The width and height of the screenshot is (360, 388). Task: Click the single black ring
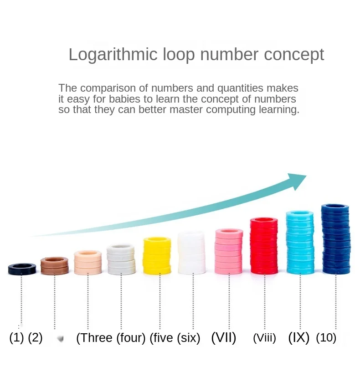coord(22,269)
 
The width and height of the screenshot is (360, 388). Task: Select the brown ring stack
coord(54,266)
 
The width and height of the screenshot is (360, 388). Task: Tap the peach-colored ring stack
coord(87,262)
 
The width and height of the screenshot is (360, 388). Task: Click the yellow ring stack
coord(157,256)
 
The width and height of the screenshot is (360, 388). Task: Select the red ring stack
coord(264,246)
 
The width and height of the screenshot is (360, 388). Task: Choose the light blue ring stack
coord(300,242)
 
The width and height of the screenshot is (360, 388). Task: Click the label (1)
coord(16,338)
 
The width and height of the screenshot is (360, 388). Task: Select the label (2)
coord(35,338)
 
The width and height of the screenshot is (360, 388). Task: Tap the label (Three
coord(94,338)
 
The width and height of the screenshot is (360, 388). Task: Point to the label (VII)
coord(224,338)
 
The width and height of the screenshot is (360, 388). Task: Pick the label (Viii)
coord(264,338)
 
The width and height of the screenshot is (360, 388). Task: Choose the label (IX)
coord(299,338)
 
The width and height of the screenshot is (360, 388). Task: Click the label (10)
coord(326,338)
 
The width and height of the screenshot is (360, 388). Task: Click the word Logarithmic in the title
coord(113,55)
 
